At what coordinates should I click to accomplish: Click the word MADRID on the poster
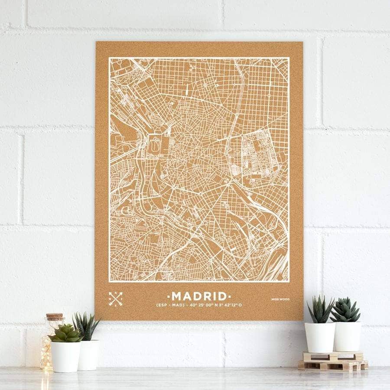(x=199, y=296)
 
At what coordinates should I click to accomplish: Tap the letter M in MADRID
(x=177, y=296)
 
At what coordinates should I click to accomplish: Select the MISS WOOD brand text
(x=280, y=299)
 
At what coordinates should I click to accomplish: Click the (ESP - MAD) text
(x=172, y=305)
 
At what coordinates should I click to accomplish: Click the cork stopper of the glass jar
(x=55, y=317)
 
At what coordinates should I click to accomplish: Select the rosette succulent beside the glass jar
(x=65, y=334)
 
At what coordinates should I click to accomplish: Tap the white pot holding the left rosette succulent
(x=65, y=357)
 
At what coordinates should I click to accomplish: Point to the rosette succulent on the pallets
(x=345, y=310)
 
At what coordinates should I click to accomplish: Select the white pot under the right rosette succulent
(x=347, y=336)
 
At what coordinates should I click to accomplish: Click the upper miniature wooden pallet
(x=333, y=356)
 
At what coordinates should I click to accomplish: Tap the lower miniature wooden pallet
(x=333, y=365)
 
